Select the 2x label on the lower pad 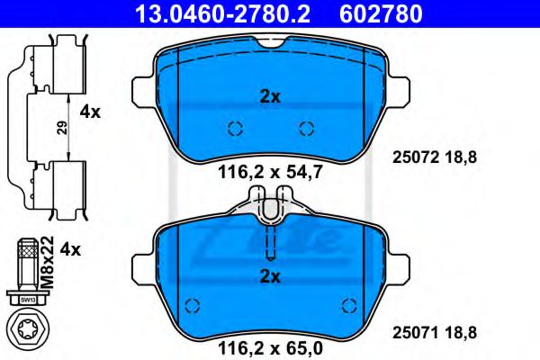[269, 276]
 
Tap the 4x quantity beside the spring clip [90, 112]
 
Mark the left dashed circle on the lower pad [191, 303]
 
